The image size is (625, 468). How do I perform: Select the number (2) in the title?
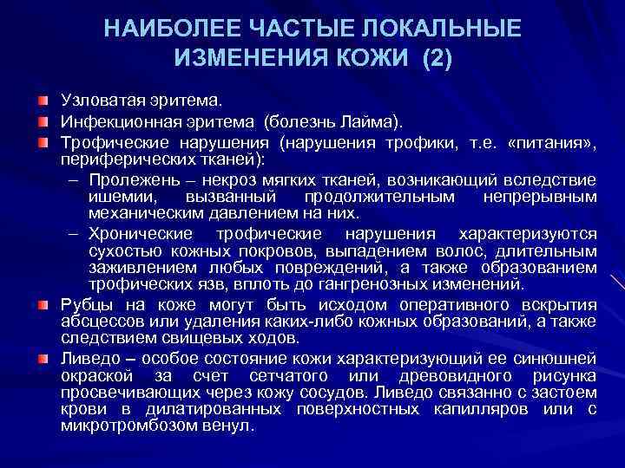click(431, 59)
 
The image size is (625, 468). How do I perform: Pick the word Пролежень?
click(129, 179)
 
